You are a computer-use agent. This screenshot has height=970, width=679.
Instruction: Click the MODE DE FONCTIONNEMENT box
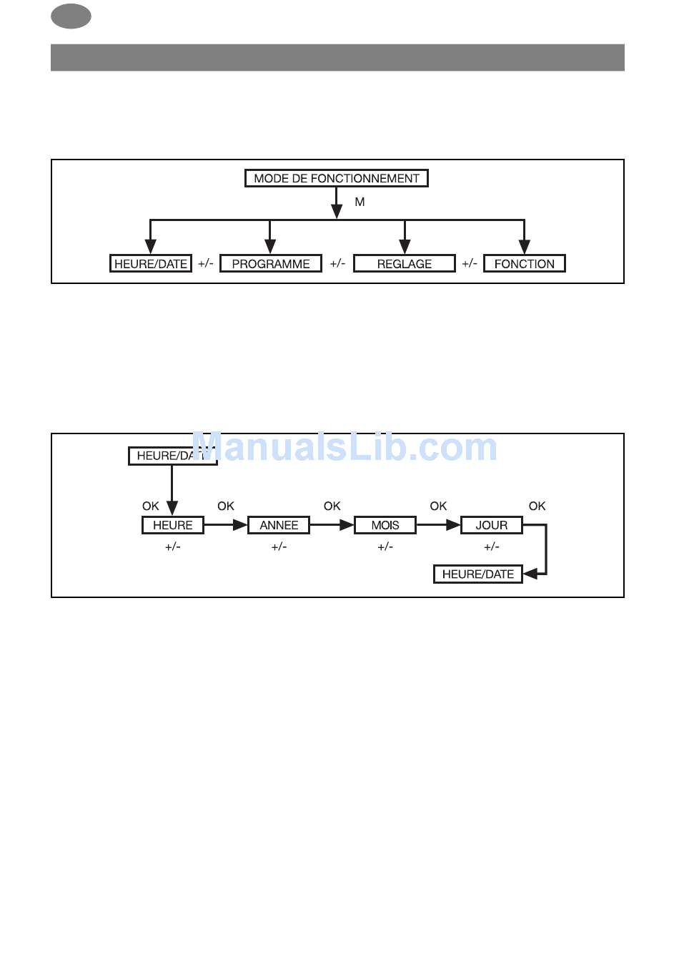click(336, 178)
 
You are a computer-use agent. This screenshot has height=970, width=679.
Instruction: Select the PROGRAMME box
click(270, 263)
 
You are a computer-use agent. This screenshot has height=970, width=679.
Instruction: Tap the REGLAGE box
click(404, 263)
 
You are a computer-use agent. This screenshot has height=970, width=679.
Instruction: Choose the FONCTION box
click(524, 263)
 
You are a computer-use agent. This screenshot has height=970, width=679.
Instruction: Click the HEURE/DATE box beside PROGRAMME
click(150, 263)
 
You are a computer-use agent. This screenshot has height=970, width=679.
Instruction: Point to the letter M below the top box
click(360, 202)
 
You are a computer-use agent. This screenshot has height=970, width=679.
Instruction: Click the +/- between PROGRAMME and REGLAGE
click(337, 263)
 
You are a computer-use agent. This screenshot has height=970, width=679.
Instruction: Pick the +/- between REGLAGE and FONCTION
click(469, 263)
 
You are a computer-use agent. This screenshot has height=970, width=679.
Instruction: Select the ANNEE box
click(279, 525)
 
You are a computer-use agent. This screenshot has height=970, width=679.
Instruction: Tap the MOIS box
click(385, 525)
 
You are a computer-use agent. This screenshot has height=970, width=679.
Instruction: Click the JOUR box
click(491, 525)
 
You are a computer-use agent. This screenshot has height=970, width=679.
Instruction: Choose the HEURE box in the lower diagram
click(172, 525)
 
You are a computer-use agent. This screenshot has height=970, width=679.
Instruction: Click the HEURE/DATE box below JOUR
click(477, 574)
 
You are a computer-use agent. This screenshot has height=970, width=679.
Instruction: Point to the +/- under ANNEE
click(279, 547)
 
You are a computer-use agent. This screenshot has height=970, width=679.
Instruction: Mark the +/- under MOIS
click(385, 547)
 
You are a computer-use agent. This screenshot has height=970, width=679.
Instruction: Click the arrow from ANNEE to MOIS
click(332, 525)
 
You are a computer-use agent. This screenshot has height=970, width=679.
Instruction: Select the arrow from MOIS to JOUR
click(438, 525)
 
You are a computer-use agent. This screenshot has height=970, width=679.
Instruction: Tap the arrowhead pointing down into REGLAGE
click(405, 246)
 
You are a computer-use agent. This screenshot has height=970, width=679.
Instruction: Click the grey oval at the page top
click(71, 16)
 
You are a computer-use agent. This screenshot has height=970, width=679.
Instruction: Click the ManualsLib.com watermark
click(345, 447)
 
